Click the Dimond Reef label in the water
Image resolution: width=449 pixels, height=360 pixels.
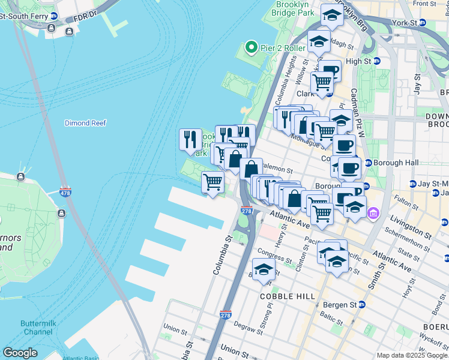pos(85,123)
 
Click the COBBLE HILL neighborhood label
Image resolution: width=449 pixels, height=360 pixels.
pos(283,296)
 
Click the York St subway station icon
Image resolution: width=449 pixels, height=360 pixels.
pos(422,23)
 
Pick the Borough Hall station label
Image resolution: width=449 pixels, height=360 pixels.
pos(394,163)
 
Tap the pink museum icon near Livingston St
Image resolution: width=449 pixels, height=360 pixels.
pos(374,213)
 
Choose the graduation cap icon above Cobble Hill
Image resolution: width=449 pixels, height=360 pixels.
pos(264,269)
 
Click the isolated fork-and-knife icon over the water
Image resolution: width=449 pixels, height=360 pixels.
pos(190,140)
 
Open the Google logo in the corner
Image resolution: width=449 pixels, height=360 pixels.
pos(20,352)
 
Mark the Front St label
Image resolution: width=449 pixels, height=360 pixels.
pos(424,4)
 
